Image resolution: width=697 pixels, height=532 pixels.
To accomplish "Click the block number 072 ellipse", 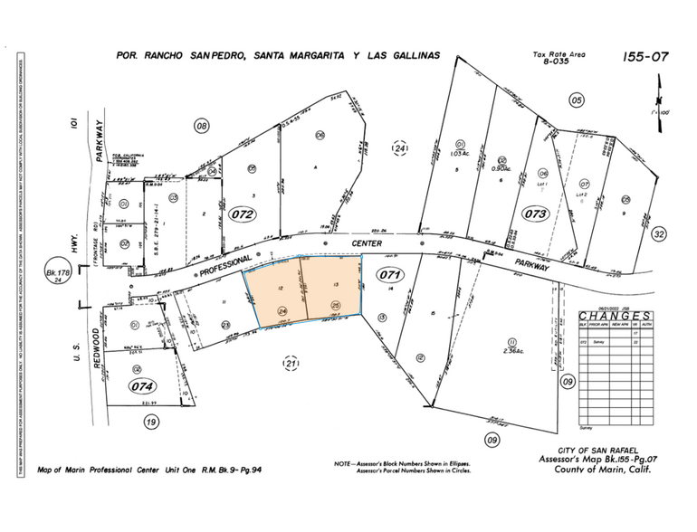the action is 242,214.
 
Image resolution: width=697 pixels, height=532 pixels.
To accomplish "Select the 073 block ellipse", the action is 535,214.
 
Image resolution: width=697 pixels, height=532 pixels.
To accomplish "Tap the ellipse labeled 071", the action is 389,272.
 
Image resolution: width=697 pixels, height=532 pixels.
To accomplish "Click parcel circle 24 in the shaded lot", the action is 282,311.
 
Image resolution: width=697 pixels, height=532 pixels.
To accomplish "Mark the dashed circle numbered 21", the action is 291,364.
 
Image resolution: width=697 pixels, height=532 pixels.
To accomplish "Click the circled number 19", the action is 151,420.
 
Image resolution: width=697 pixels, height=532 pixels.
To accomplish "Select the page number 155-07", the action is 645,57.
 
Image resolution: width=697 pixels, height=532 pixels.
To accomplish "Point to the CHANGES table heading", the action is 616,316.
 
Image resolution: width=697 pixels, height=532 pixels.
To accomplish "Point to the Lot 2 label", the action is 582,194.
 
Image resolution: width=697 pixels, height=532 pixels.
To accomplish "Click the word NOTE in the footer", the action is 344,463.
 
